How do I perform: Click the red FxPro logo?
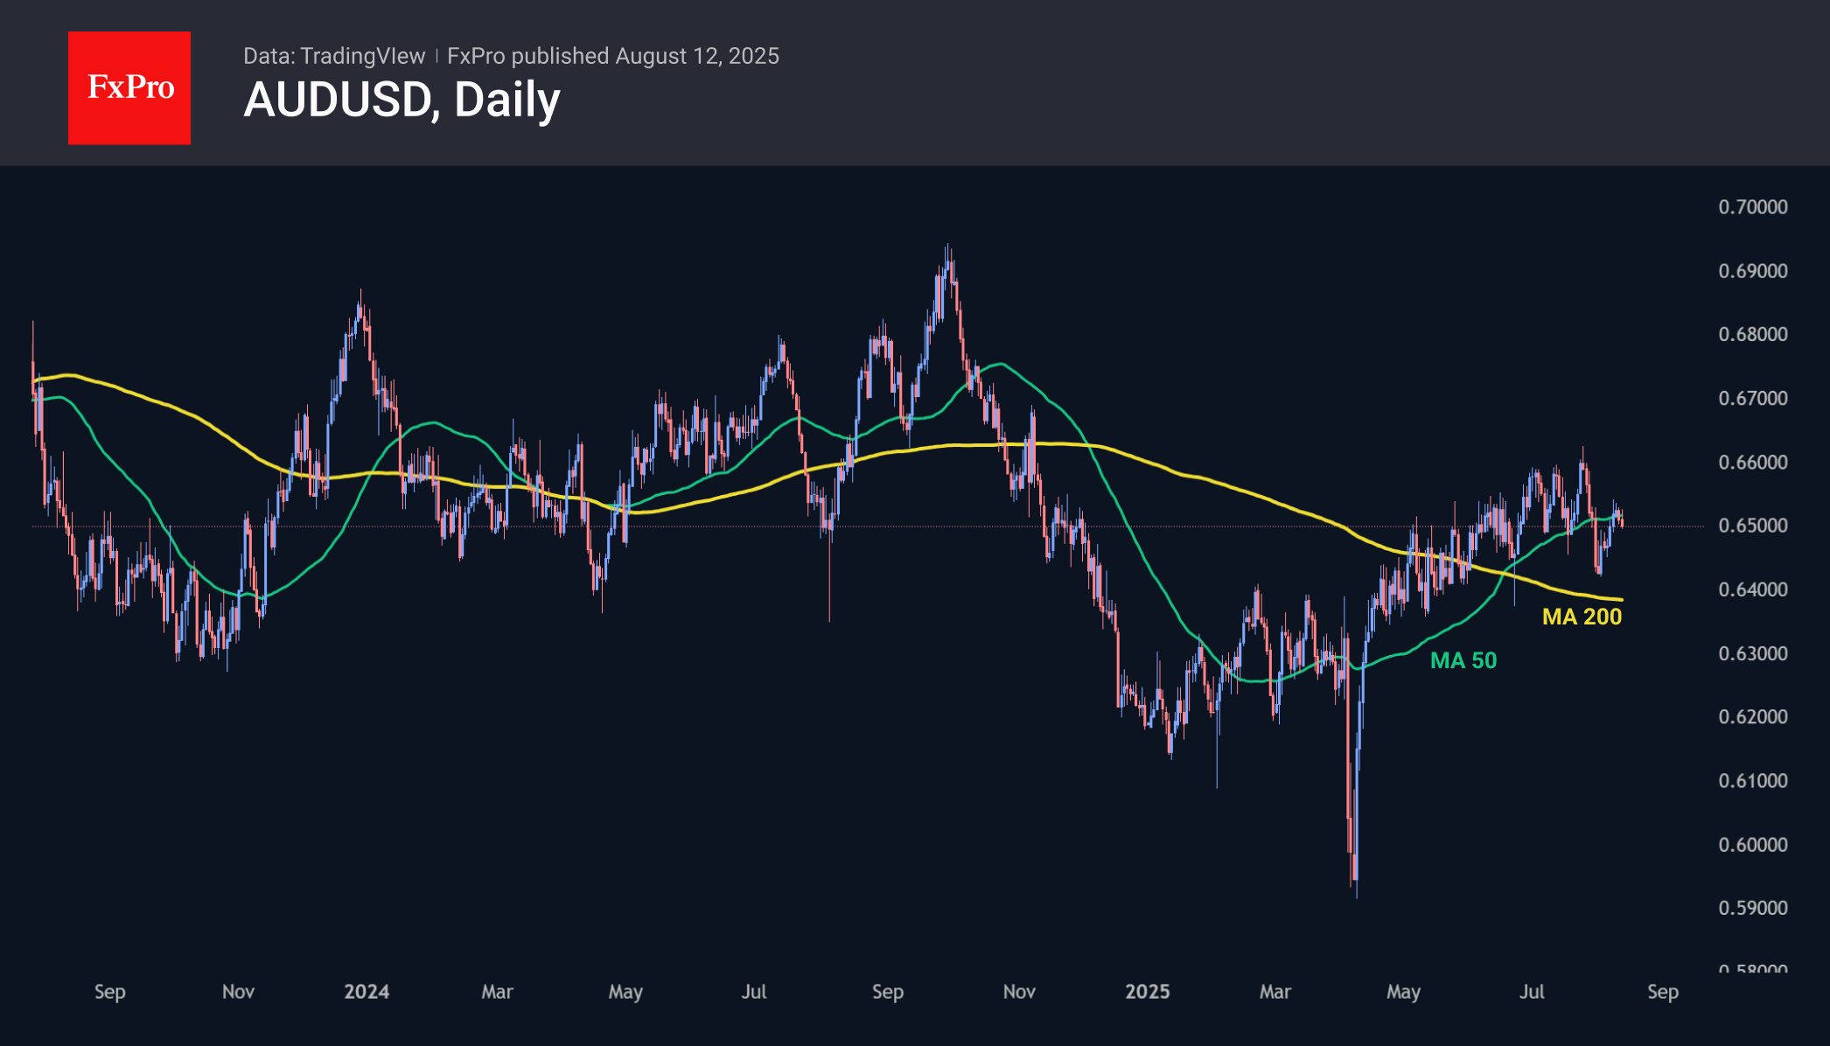[x=129, y=87]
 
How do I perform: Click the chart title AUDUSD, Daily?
[x=402, y=100]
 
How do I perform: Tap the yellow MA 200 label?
[x=1582, y=617]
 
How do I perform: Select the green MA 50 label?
[x=1463, y=660]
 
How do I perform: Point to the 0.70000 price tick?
[x=1752, y=207]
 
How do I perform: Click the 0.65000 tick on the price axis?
[x=1752, y=526]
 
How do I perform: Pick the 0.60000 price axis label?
[x=1752, y=845]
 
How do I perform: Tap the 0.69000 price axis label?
[x=1752, y=271]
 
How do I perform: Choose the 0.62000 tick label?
[x=1752, y=717]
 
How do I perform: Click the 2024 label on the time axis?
[x=367, y=992]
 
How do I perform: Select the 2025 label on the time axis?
[x=1147, y=992]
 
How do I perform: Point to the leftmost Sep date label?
[x=110, y=992]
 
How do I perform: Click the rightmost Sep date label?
[x=1662, y=992]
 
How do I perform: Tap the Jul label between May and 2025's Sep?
[x=1532, y=992]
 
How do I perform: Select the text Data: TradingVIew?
[x=334, y=56]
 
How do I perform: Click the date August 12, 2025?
[x=696, y=56]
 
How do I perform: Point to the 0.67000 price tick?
[x=1752, y=399]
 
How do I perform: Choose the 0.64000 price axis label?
[x=1752, y=589]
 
